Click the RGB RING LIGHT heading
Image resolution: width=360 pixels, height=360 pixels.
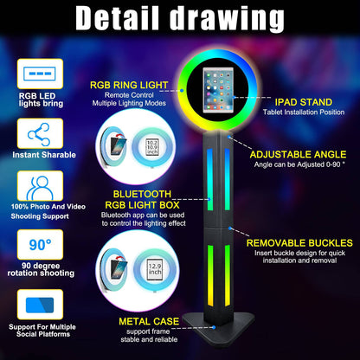click(131, 86)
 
